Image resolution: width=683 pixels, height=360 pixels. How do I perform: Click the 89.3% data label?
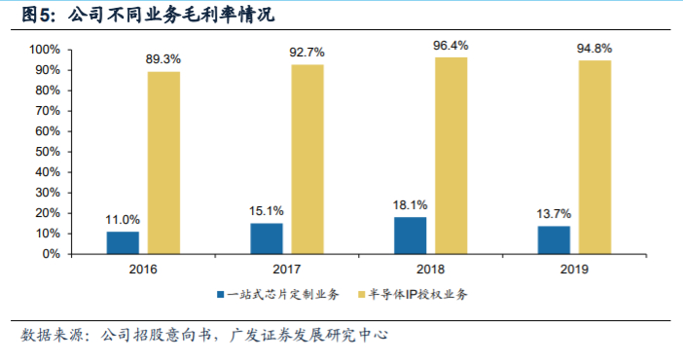tap(163, 59)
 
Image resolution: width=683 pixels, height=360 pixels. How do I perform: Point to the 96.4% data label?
tap(450, 45)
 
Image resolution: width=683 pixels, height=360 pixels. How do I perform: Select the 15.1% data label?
tap(266, 211)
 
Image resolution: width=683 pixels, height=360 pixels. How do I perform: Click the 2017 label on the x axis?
tap(286, 269)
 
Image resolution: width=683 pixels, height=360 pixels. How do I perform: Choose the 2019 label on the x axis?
tap(574, 269)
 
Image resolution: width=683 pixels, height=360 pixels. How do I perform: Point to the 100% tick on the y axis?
tap(45, 50)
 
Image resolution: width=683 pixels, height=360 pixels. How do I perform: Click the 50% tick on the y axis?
tap(48, 152)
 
